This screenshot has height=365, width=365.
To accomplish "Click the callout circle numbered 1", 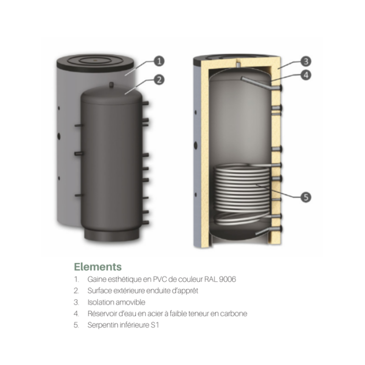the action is (x=159, y=61).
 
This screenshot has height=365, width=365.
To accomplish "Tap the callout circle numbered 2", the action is (x=159, y=80).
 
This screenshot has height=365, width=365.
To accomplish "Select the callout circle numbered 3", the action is (x=306, y=62).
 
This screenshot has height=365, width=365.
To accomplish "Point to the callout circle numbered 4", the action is (x=306, y=75).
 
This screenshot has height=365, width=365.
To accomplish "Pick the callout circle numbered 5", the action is (x=306, y=197).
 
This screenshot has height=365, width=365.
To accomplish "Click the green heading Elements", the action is (x=98, y=267).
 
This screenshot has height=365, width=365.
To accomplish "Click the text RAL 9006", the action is (x=220, y=279).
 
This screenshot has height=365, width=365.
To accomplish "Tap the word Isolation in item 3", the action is (x=100, y=302).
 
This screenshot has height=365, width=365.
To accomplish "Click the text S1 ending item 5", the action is (x=155, y=325).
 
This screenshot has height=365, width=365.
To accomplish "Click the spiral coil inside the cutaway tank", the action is (x=242, y=193).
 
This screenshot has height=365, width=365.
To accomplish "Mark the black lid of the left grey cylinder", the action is (x=95, y=63).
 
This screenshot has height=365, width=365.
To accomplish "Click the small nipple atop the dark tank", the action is (x=111, y=85).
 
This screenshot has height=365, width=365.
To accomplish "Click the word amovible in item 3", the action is (x=130, y=302).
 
